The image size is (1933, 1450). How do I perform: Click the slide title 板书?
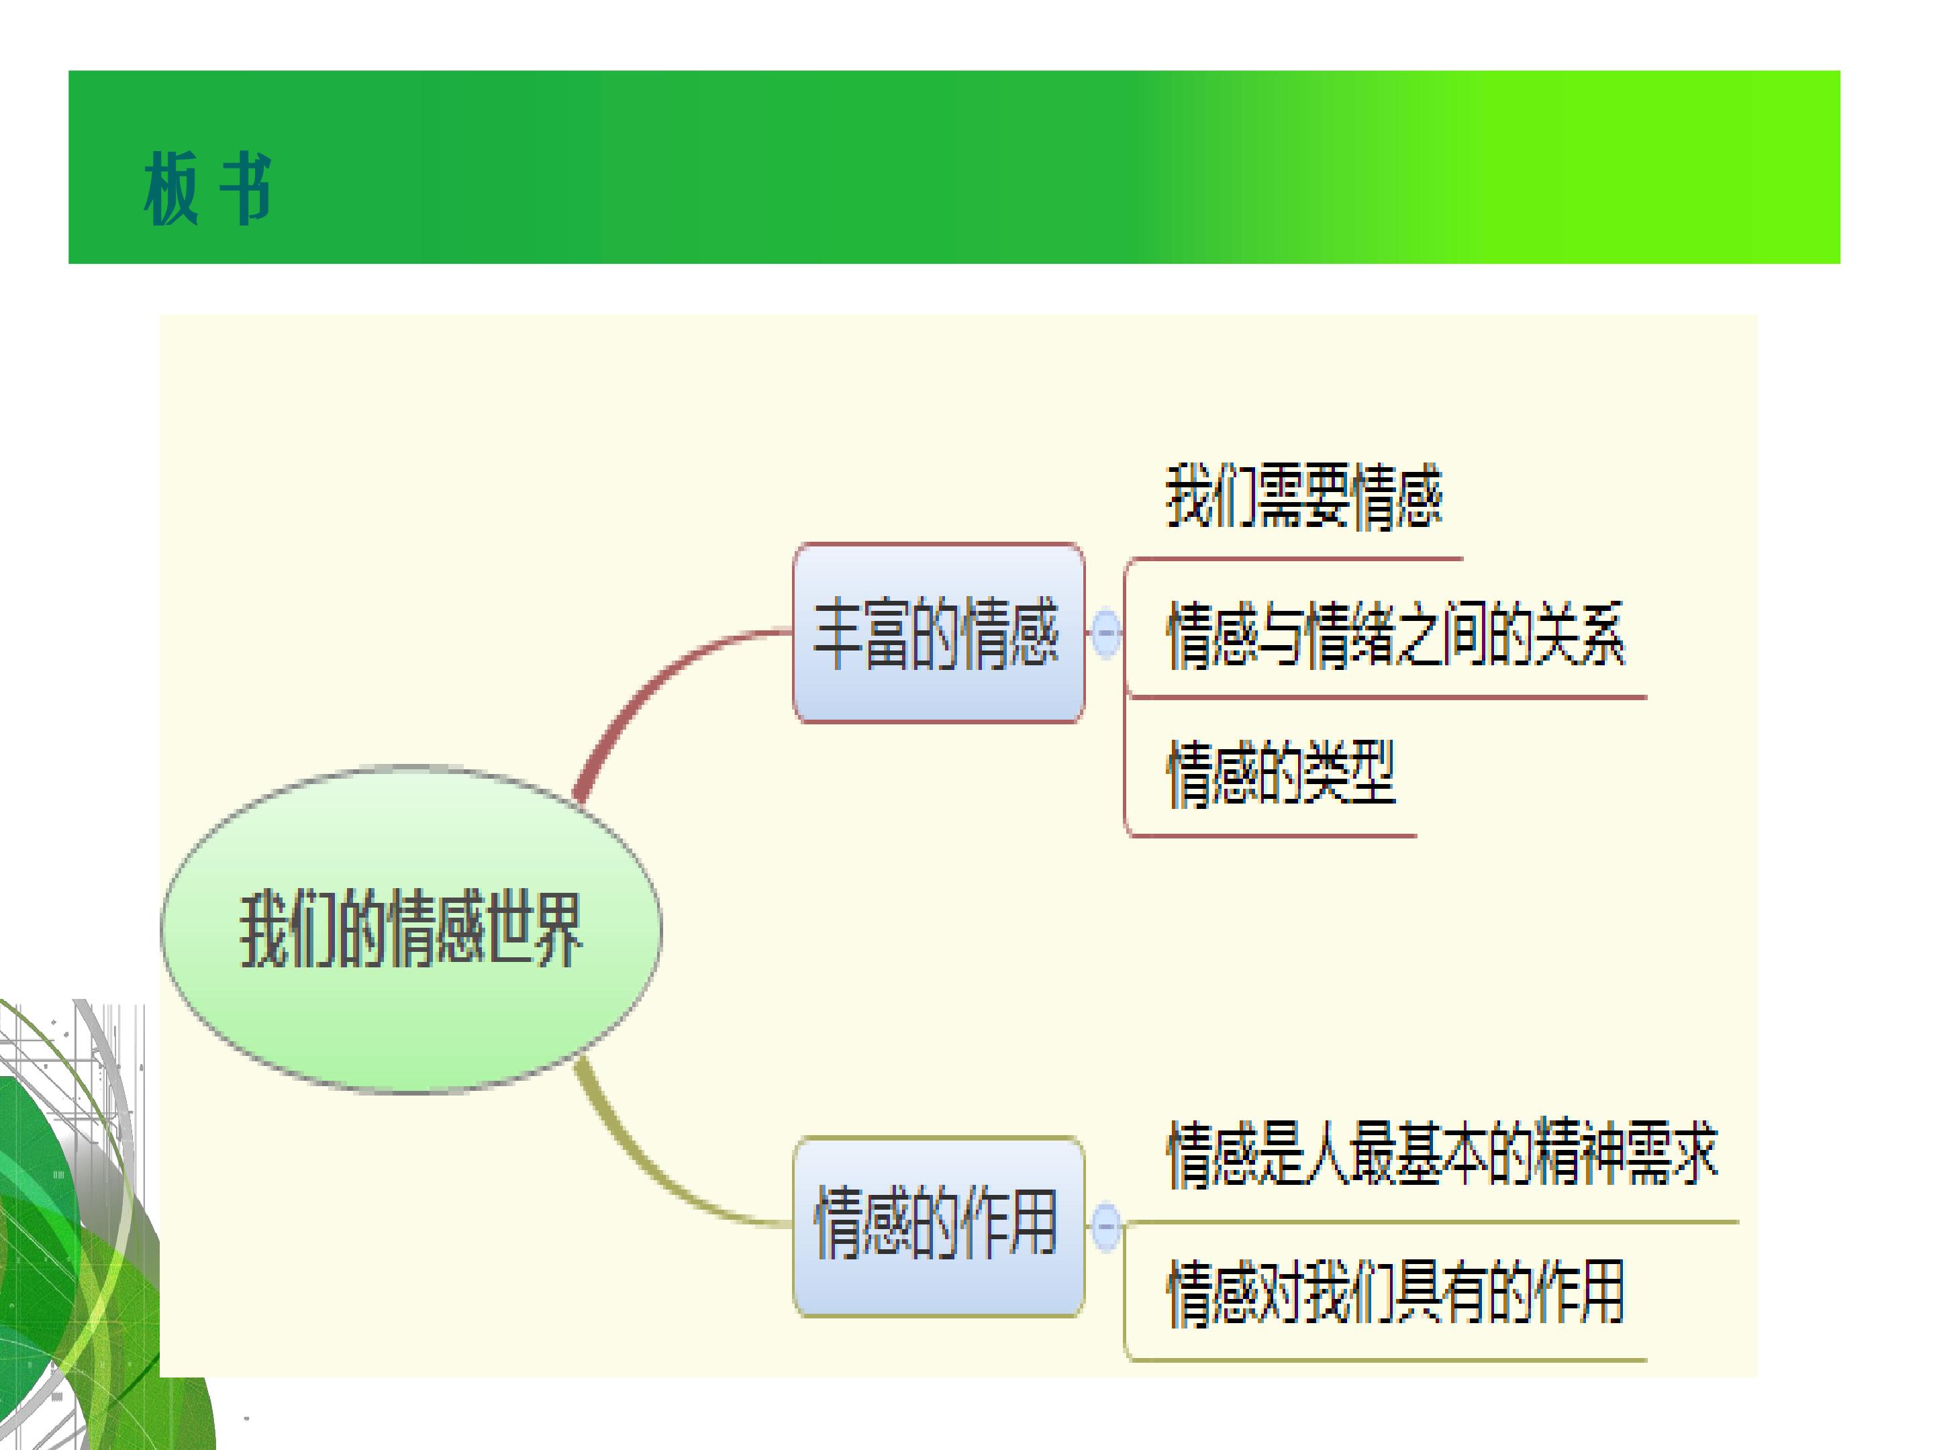click(x=208, y=188)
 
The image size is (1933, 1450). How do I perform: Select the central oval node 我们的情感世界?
click(x=411, y=929)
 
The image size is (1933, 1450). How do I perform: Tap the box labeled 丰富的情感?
click(x=938, y=633)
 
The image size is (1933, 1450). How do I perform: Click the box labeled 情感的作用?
click(x=938, y=1226)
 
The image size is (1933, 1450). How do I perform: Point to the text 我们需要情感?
click(x=1304, y=497)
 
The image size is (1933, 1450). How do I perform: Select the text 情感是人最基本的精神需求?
click(x=1442, y=1154)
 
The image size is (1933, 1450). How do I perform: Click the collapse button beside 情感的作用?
click(x=1105, y=1226)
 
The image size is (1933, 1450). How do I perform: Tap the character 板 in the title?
click(x=171, y=188)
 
